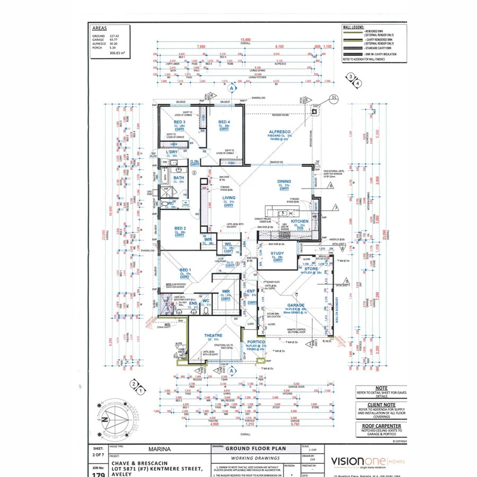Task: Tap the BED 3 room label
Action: [x=179, y=122]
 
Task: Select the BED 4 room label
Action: [x=224, y=122]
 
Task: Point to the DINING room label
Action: [x=284, y=182]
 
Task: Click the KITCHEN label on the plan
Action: [x=299, y=221]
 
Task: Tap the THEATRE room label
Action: [x=213, y=335]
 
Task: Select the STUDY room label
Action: [x=277, y=253]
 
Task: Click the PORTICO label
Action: [x=257, y=342]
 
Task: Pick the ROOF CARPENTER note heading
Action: [x=381, y=426]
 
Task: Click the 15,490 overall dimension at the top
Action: [x=245, y=40]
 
